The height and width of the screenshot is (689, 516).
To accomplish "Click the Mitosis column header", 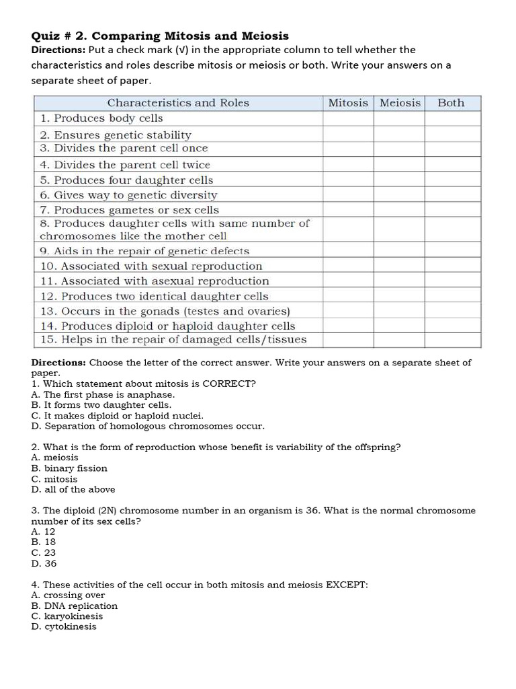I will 348,103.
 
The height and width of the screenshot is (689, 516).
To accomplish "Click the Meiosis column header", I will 400,103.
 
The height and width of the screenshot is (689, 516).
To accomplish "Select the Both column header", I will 451,103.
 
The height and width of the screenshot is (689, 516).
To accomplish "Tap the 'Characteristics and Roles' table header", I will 178,103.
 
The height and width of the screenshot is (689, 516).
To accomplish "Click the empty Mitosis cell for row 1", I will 348,118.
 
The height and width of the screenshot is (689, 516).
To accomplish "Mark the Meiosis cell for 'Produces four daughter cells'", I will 400,180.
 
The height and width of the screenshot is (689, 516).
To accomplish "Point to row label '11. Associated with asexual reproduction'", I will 155,281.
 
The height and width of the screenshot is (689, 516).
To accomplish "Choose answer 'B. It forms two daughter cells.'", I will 101,405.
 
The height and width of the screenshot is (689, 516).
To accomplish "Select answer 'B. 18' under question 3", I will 44,542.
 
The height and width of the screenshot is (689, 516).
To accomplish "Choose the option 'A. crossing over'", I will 68,595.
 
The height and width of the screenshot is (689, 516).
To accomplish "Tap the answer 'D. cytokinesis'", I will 64,626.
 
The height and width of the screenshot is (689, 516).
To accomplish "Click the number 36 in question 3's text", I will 312,511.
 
